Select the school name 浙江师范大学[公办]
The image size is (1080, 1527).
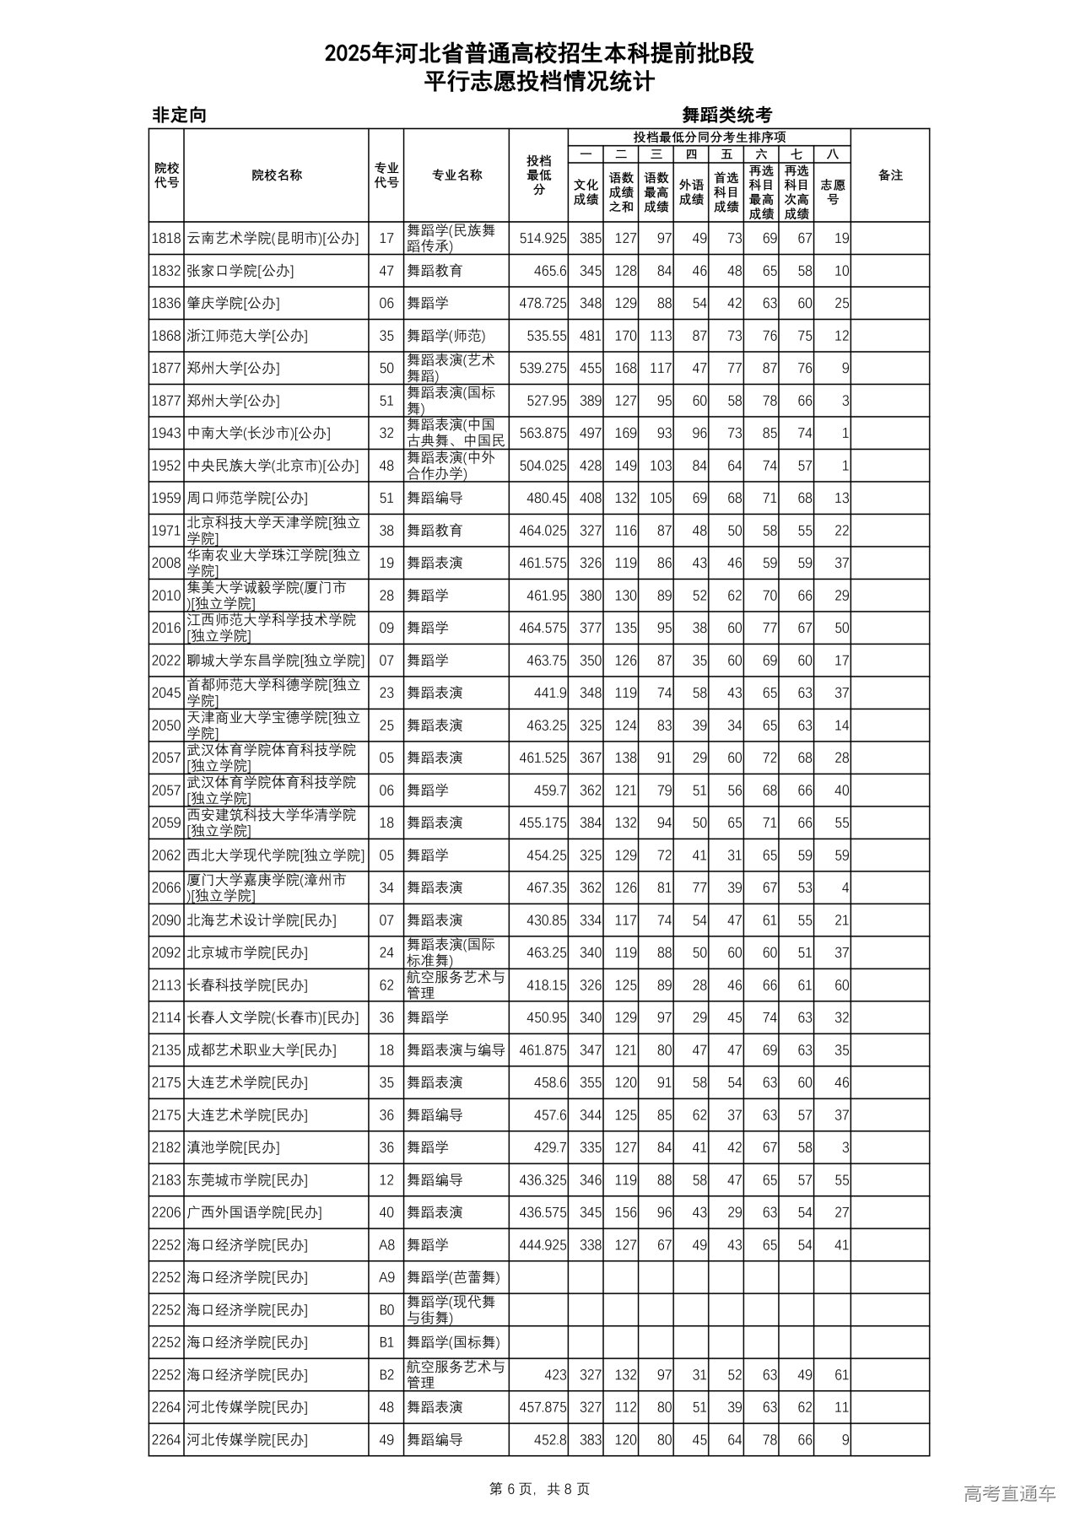pos(247,336)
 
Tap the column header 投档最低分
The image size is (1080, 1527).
pos(538,175)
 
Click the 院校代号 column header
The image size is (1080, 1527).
pos(166,175)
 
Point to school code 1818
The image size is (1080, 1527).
pos(166,239)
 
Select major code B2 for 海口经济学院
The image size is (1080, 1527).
pos(386,1375)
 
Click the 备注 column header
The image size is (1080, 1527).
pos(890,175)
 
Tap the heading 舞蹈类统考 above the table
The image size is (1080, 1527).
pos(726,116)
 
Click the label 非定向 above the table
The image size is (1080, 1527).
pos(179,116)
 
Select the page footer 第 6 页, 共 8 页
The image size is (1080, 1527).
pos(539,1489)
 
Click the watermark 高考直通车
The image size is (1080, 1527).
pos(1008,1493)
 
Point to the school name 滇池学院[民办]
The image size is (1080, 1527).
pos(233,1147)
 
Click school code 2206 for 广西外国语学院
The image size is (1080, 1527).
pos(166,1212)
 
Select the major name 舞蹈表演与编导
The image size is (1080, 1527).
pos(456,1050)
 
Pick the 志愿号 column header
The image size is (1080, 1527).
pos(833,192)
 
